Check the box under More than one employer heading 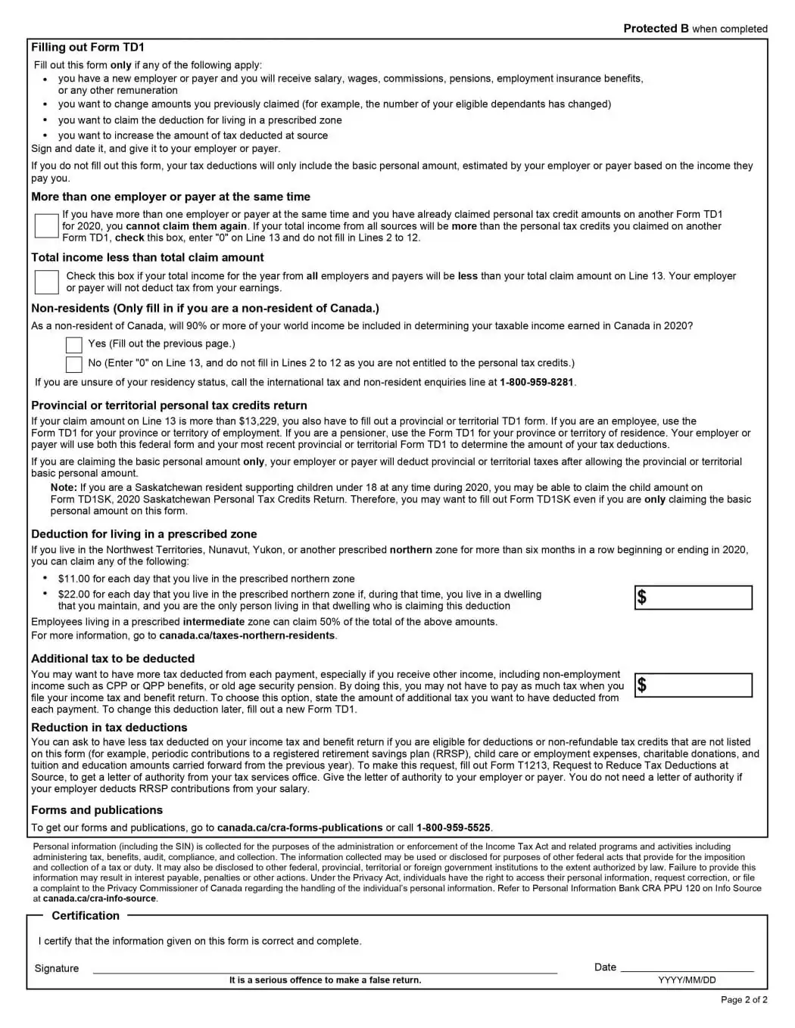click(46, 225)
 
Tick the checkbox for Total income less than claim click(46, 281)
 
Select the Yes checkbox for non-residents click(73, 345)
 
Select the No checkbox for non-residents click(73, 365)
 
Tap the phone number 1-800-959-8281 click(536, 383)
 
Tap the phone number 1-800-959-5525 click(453, 828)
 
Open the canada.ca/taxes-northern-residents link click(247, 635)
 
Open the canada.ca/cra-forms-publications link click(300, 828)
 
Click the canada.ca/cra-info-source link click(99, 899)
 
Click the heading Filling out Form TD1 click(88, 48)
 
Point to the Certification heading click(86, 916)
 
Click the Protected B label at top click(656, 29)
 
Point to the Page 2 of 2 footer click(744, 1000)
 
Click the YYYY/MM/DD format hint click(687, 980)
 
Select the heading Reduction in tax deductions click(109, 728)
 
